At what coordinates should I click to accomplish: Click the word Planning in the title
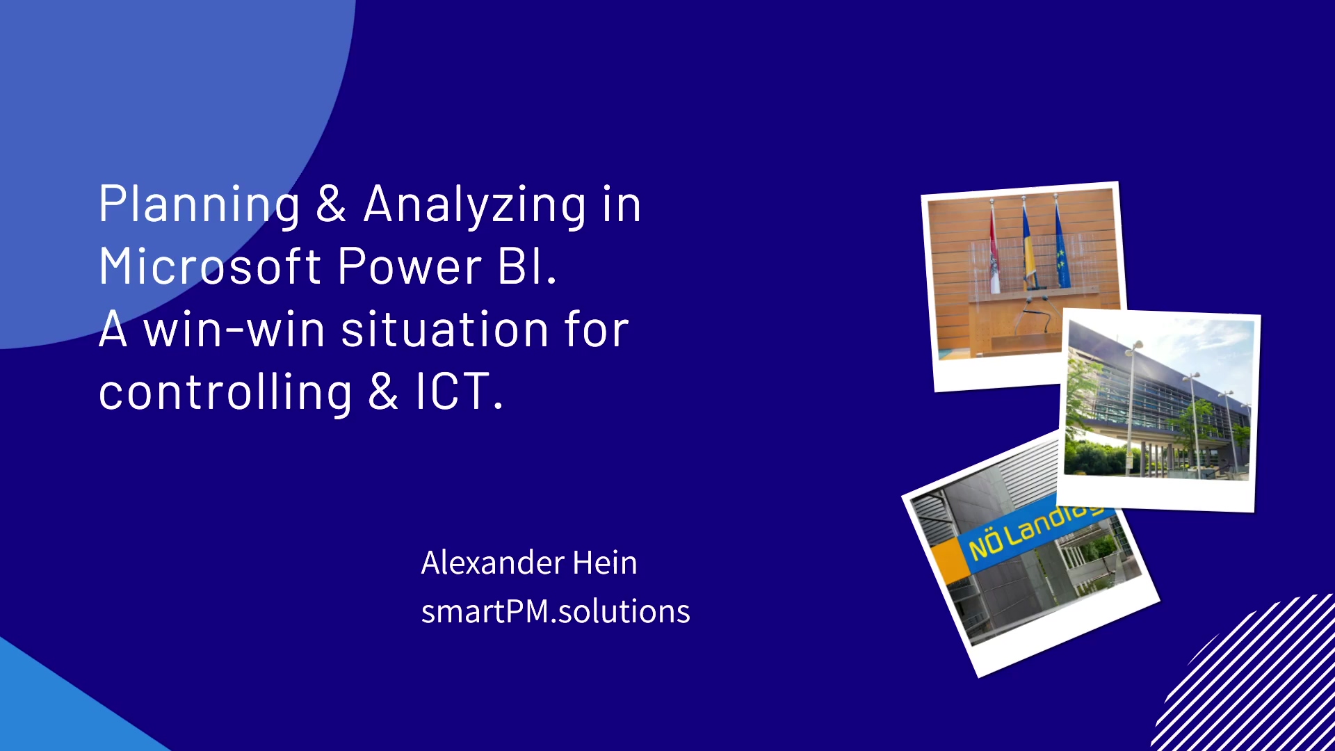200,205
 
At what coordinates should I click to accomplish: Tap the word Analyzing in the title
475,205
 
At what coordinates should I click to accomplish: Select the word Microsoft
210,267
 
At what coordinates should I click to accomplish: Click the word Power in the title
410,267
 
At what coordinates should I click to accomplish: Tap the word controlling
225,392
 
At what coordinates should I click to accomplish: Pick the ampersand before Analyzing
331,205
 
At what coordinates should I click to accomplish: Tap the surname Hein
604,563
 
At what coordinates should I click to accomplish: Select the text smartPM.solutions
555,611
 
